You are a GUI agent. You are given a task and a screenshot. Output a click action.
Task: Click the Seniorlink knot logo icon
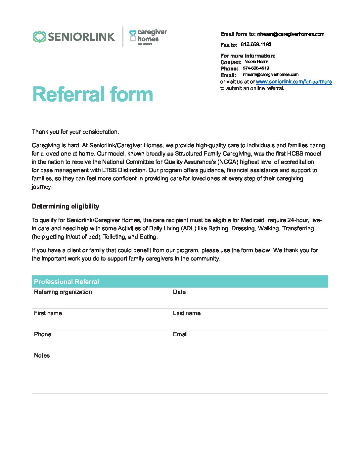pyautogui.click(x=39, y=37)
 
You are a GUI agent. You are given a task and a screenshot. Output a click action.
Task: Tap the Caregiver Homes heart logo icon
pyautogui.click(x=132, y=36)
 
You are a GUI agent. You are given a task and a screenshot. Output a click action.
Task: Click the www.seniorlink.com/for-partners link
pyautogui.click(x=294, y=82)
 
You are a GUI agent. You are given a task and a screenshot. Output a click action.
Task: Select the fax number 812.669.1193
pyautogui.click(x=256, y=44)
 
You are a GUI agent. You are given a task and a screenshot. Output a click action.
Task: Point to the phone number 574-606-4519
pyautogui.click(x=256, y=68)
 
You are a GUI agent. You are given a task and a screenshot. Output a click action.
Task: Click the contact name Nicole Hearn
pyautogui.click(x=256, y=62)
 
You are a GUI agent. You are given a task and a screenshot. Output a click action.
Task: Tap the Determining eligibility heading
pyautogui.click(x=66, y=207)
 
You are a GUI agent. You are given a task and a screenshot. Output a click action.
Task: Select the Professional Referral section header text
pyautogui.click(x=67, y=282)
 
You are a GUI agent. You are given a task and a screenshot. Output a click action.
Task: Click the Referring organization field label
pyautogui.click(x=63, y=292)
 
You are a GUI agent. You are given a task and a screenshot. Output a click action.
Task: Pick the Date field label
pyautogui.click(x=179, y=292)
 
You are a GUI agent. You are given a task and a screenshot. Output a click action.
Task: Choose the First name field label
pyautogui.click(x=48, y=313)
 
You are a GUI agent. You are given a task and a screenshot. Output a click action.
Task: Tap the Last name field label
pyautogui.click(x=187, y=313)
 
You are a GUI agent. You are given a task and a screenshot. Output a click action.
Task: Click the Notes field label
pyautogui.click(x=42, y=355)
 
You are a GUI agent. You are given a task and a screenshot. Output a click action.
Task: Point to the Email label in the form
pyautogui.click(x=180, y=334)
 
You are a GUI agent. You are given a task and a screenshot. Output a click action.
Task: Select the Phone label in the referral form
pyautogui.click(x=43, y=334)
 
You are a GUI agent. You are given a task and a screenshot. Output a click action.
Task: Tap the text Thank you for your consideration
pyautogui.click(x=75, y=132)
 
